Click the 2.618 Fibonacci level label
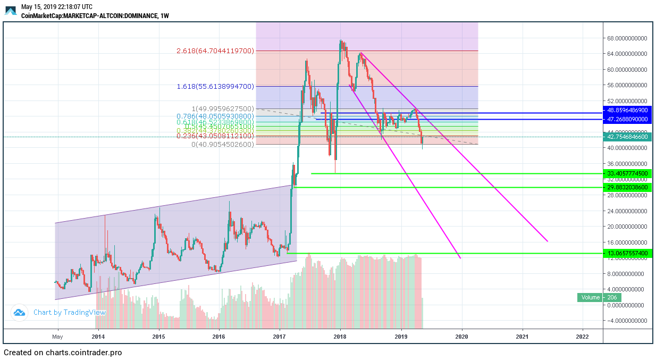click(x=215, y=51)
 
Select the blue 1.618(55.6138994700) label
click(x=215, y=86)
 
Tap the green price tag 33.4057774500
click(x=627, y=173)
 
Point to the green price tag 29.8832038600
click(x=627, y=187)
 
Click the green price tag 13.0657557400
click(x=627, y=254)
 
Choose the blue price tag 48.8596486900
click(x=627, y=110)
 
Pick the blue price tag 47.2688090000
click(x=627, y=120)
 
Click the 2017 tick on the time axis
click(x=280, y=336)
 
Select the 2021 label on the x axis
click(x=522, y=336)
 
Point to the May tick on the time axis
click(x=57, y=336)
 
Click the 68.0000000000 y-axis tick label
click(x=627, y=38)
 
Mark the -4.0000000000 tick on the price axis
click(x=627, y=320)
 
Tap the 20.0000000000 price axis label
click(x=627, y=227)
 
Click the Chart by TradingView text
click(x=69, y=313)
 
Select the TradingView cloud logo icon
click(x=20, y=313)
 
